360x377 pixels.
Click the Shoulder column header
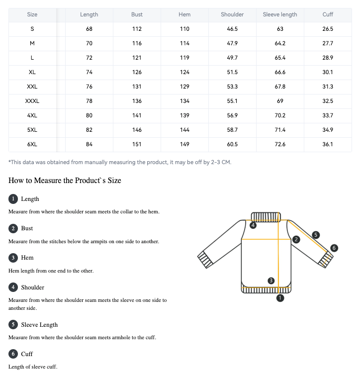[232, 14]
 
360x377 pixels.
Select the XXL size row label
[32, 87]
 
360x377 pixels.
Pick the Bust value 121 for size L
[137, 58]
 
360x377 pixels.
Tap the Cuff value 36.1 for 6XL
[328, 144]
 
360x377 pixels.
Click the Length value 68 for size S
[89, 29]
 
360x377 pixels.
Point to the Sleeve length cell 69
[280, 101]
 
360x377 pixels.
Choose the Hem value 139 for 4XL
[184, 115]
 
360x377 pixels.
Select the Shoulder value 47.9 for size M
[232, 43]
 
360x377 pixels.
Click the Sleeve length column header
[280, 14]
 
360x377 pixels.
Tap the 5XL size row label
[32, 130]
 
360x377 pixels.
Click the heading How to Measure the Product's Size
[65, 180]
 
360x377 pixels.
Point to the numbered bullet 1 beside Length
[13, 199]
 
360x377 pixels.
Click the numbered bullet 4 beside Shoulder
[13, 287]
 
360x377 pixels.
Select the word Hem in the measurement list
[27, 258]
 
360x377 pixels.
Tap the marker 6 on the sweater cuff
[334, 248]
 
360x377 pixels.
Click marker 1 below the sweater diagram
[280, 298]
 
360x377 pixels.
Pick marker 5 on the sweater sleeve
[315, 235]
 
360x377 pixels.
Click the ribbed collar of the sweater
[266, 216]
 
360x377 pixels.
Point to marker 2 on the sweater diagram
[296, 240]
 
